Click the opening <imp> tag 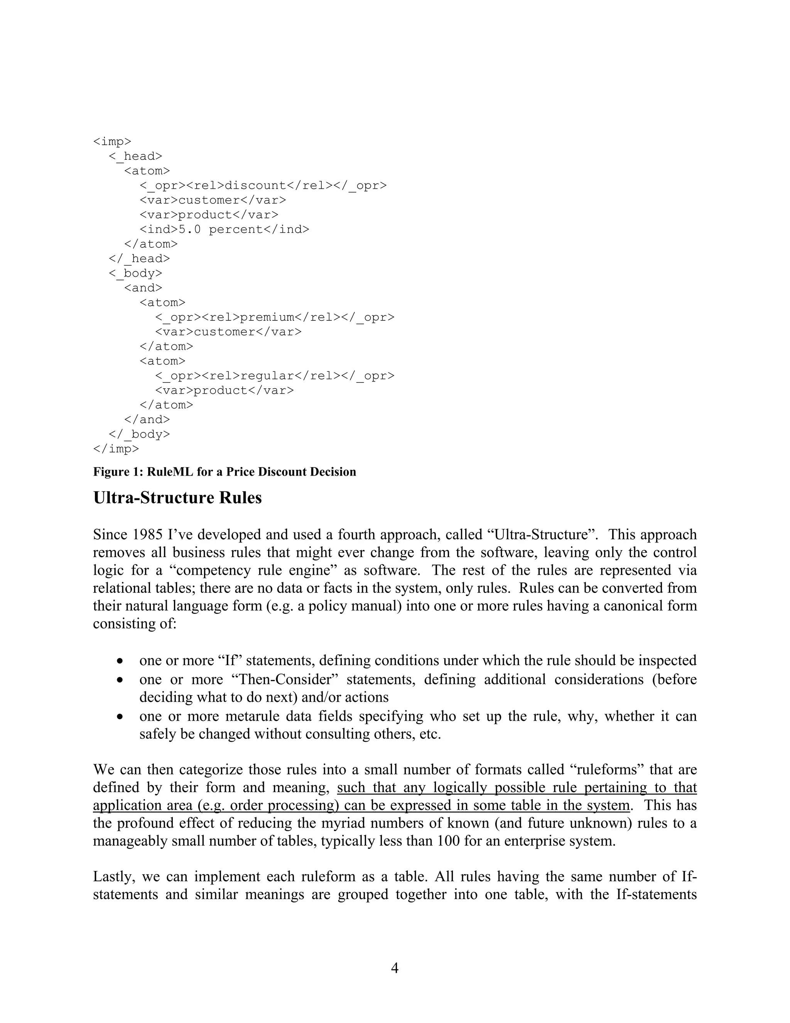pyautogui.click(x=112, y=141)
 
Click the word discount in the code pyautogui.click(x=255, y=185)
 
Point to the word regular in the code pyautogui.click(x=267, y=376)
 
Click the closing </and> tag pyautogui.click(x=147, y=420)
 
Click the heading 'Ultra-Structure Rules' pyautogui.click(x=177, y=498)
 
